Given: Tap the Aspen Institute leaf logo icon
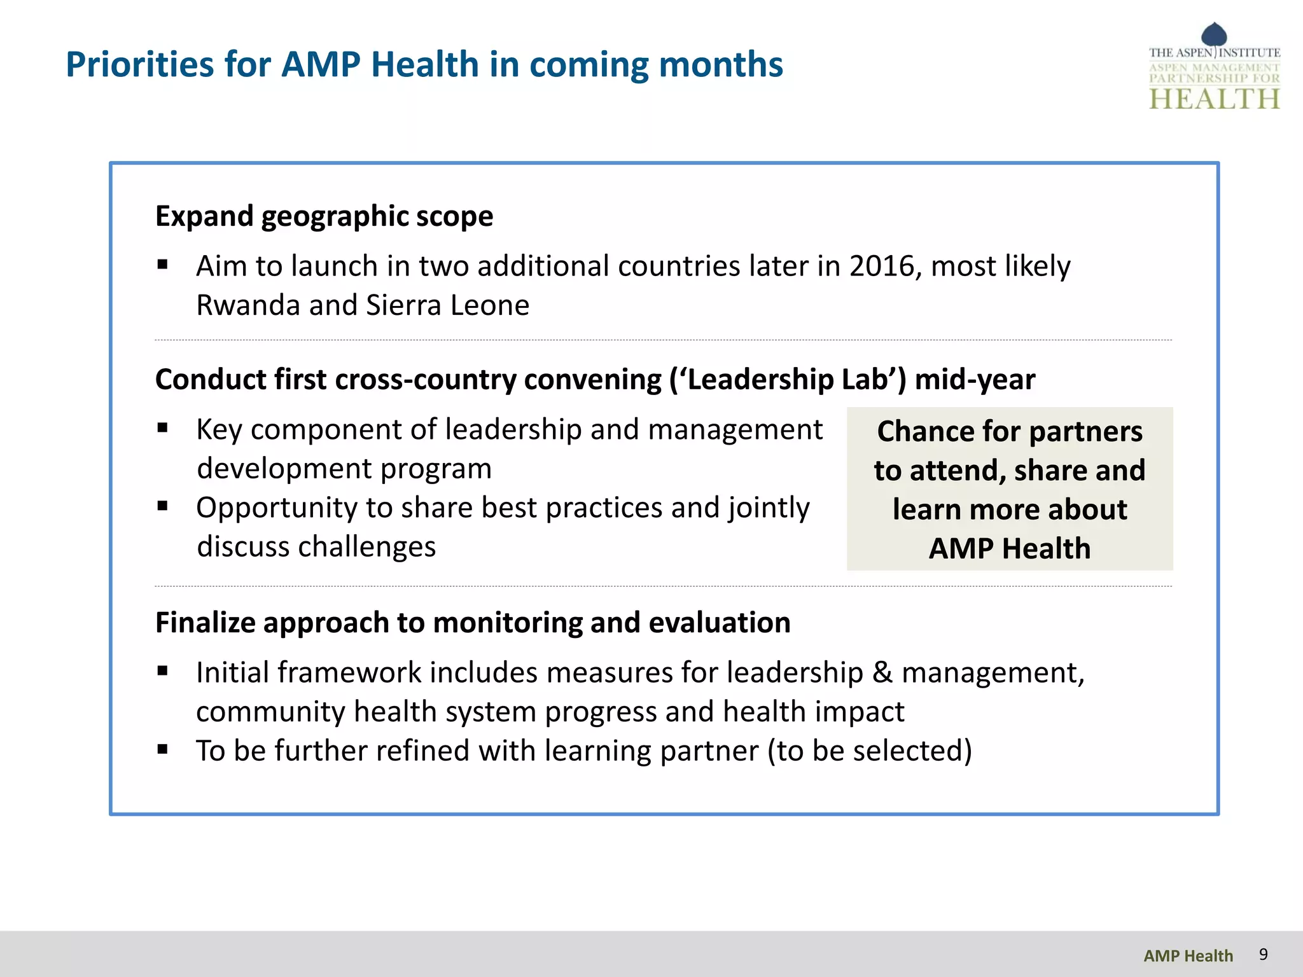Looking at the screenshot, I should [1214, 34].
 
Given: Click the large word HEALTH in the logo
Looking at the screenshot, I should [1214, 99].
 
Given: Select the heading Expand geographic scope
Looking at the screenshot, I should [324, 216].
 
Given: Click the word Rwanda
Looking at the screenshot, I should [248, 305].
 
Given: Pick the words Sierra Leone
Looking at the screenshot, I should [448, 305].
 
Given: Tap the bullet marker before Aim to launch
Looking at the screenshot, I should [163, 265].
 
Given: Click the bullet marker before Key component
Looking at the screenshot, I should [163, 428].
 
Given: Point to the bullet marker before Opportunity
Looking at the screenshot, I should [163, 506].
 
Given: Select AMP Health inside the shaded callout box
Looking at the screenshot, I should [1010, 548].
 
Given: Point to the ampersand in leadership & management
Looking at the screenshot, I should [882, 673].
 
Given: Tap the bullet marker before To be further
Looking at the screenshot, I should [163, 749].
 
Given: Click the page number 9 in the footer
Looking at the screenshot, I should [1263, 954].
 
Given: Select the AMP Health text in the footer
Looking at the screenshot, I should [1188, 955].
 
